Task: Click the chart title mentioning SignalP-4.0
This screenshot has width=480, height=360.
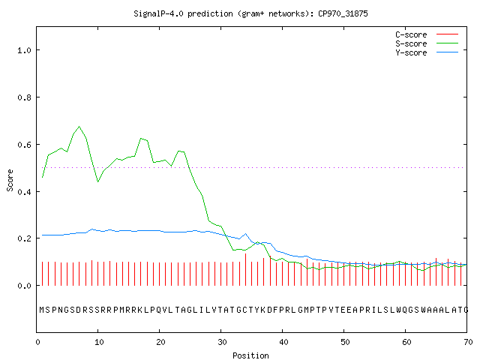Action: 250,13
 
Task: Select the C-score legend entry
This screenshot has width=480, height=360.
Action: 427,34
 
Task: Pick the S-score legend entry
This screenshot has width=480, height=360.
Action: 427,43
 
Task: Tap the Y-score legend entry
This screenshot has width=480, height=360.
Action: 427,52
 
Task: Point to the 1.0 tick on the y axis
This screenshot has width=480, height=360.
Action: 25,50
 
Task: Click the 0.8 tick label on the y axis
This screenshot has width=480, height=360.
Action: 25,97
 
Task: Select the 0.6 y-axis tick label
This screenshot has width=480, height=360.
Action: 25,145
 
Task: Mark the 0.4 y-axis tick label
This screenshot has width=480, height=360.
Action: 25,192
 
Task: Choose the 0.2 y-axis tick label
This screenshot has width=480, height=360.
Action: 25,238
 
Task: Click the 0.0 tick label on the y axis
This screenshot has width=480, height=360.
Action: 25,286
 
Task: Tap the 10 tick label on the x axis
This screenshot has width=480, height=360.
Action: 99,342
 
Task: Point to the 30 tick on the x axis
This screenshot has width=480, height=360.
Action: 222,342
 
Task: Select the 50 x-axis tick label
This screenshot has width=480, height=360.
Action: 345,342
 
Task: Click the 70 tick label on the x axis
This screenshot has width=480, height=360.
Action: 468,342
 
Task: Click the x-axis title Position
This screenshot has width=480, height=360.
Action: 250,355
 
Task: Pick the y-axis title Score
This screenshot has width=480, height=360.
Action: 10,180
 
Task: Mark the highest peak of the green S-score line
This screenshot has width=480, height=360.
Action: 79,126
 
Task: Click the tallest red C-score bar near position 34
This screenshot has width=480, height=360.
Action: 245,269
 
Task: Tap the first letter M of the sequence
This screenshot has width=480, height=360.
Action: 42,310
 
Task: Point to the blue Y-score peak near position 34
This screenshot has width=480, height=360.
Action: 245,234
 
